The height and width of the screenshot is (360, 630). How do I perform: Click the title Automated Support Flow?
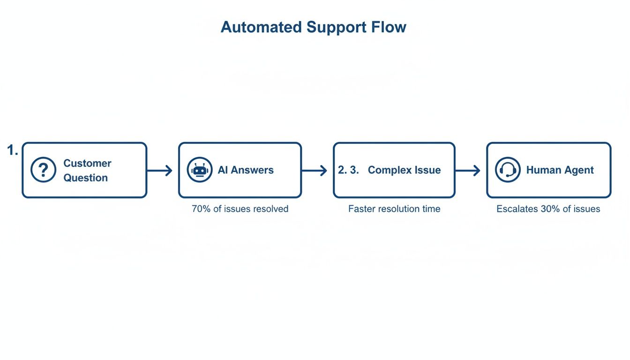313,27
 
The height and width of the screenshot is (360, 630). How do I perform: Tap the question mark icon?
43,170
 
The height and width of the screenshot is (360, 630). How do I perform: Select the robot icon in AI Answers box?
200,170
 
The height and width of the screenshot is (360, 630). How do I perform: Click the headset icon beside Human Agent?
508,170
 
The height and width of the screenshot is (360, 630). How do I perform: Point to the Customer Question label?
87,170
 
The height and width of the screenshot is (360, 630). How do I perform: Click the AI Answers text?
246,170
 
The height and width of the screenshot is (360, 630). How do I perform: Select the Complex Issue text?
404,170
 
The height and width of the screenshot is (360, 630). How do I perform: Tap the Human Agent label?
560,170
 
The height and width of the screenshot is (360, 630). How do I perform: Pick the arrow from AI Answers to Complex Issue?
315,171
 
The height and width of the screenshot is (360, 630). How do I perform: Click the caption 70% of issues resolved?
240,209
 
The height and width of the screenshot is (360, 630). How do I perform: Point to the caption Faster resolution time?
394,209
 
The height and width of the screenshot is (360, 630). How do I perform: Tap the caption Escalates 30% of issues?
548,209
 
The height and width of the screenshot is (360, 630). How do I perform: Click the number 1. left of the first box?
13,150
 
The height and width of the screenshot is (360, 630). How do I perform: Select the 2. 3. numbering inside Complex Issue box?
348,170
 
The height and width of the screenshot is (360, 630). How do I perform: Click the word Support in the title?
336,27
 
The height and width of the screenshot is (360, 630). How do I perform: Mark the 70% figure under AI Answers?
201,209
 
